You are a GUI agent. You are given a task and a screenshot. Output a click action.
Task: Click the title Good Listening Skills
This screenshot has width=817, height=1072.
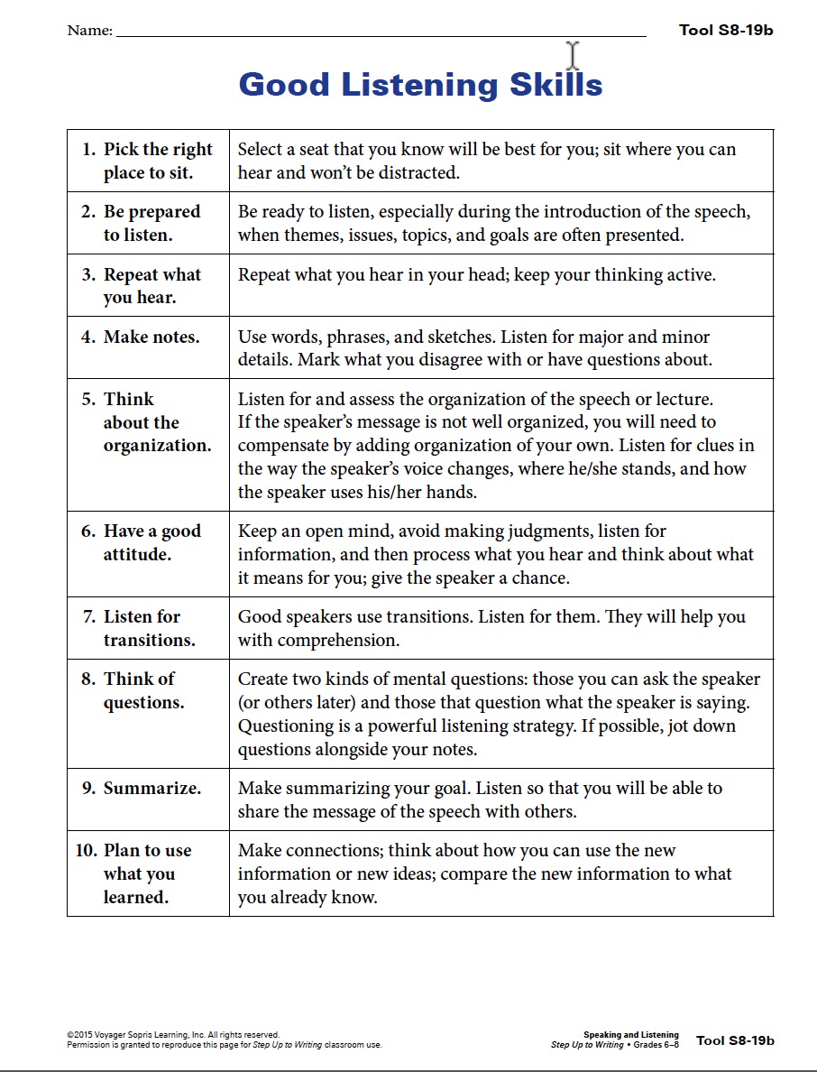420,85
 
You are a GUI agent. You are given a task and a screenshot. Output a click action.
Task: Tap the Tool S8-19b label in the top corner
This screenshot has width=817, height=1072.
726,30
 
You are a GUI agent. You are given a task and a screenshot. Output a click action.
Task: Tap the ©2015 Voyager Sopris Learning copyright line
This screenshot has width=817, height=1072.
173,1035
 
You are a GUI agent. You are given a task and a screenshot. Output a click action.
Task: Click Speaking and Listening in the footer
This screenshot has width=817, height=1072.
630,1035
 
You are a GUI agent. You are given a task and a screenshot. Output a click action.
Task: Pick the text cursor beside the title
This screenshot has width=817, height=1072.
572,56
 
